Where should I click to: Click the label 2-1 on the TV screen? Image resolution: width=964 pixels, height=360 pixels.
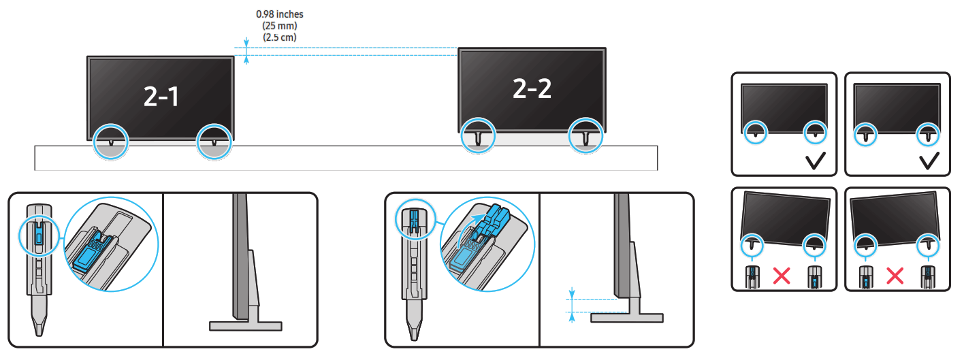161,97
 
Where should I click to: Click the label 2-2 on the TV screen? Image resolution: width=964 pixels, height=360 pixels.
532,88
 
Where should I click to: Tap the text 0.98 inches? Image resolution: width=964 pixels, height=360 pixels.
279,14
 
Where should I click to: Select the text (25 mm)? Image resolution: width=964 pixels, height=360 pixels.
279,26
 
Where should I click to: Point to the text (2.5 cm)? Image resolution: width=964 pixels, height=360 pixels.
279,37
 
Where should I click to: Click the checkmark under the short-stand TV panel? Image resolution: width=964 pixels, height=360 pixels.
816,161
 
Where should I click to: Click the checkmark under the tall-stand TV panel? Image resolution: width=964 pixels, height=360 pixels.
929,161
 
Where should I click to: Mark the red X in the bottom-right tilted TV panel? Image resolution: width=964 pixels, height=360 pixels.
896,276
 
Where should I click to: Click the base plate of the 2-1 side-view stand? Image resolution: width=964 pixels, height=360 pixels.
246,326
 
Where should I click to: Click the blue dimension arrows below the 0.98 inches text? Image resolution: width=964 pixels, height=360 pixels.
246,52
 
